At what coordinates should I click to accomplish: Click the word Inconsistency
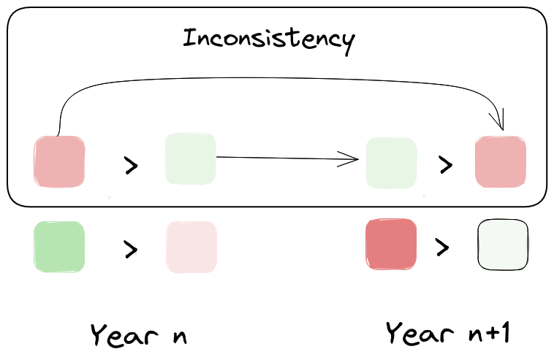click(269, 40)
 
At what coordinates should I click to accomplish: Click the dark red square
click(391, 244)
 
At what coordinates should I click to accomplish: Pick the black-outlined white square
click(503, 245)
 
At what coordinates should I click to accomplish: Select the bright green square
click(59, 247)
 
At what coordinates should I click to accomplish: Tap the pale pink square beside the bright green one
click(191, 247)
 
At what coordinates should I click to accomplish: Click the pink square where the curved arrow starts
click(59, 161)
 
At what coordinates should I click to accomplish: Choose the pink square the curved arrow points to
click(501, 161)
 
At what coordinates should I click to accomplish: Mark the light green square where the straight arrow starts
click(191, 158)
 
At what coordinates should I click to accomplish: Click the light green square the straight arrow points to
click(391, 163)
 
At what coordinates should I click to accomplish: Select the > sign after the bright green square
click(131, 249)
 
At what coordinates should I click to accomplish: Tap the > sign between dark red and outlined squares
click(442, 247)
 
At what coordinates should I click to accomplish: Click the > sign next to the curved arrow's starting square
click(131, 165)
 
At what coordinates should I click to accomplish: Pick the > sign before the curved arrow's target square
click(446, 165)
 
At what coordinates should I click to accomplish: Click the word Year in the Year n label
click(124, 334)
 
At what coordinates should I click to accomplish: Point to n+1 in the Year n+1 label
click(489, 333)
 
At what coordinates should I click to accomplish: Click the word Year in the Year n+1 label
click(420, 333)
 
